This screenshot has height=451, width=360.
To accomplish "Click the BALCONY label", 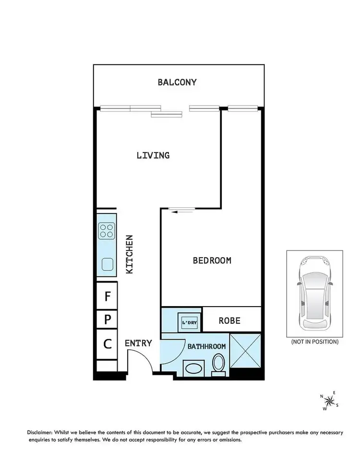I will [x=177, y=82].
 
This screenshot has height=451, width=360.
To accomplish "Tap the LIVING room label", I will [x=153, y=155].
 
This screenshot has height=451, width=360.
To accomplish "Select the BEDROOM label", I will [x=212, y=261].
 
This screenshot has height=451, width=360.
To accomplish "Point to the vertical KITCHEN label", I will [x=129, y=254].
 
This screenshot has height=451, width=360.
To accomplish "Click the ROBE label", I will [x=229, y=320].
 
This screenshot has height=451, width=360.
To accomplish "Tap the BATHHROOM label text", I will [x=206, y=345].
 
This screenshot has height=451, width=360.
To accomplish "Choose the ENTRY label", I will [x=138, y=343].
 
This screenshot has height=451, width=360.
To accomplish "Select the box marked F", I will [x=107, y=296].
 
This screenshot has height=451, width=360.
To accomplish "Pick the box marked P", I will [x=107, y=319].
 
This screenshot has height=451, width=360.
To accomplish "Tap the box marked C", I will [x=107, y=344].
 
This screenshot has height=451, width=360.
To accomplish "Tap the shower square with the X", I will [x=245, y=351].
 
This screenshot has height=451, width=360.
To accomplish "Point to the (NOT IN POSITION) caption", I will [x=314, y=342].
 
